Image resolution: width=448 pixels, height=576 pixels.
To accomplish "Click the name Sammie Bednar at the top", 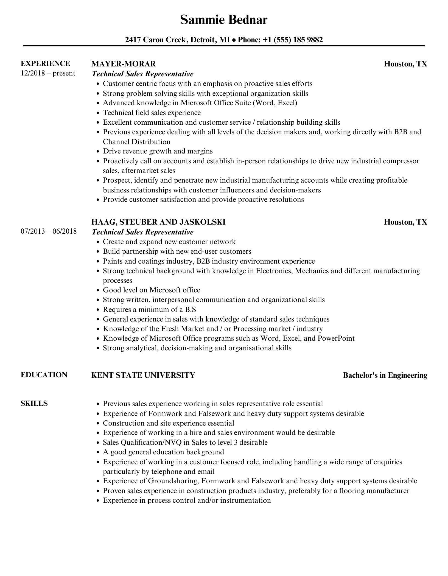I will click(224, 20).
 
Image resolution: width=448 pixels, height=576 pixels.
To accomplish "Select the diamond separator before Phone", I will click(234, 40).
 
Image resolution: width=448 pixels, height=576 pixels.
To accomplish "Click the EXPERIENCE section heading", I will click(45, 63).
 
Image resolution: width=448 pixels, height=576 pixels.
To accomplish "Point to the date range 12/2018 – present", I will click(48, 73).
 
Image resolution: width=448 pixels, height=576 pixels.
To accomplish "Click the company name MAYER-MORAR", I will click(123, 64).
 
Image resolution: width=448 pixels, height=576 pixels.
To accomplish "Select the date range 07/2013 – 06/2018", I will click(49, 231).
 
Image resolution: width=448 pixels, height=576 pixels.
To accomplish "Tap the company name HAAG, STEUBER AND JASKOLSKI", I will click(158, 222).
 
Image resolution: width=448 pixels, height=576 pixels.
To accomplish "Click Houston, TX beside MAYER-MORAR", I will click(405, 64).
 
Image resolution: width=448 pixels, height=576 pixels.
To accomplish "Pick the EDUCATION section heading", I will click(44, 375).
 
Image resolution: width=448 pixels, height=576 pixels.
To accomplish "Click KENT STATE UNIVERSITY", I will click(143, 375).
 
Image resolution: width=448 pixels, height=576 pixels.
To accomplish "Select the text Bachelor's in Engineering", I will click(385, 375).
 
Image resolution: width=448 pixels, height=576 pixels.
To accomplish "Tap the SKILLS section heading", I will click(34, 403).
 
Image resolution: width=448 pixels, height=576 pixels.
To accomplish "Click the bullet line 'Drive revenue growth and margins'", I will click(158, 151).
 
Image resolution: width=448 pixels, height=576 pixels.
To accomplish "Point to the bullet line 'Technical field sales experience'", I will click(152, 113).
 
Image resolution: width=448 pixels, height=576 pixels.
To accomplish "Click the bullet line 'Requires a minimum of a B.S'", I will click(149, 309).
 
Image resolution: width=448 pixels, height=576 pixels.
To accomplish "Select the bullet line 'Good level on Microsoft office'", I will click(151, 290).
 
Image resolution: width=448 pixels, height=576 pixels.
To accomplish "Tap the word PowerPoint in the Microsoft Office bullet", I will click(336, 338).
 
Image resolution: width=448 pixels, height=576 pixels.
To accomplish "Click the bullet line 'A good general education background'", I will click(163, 452).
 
